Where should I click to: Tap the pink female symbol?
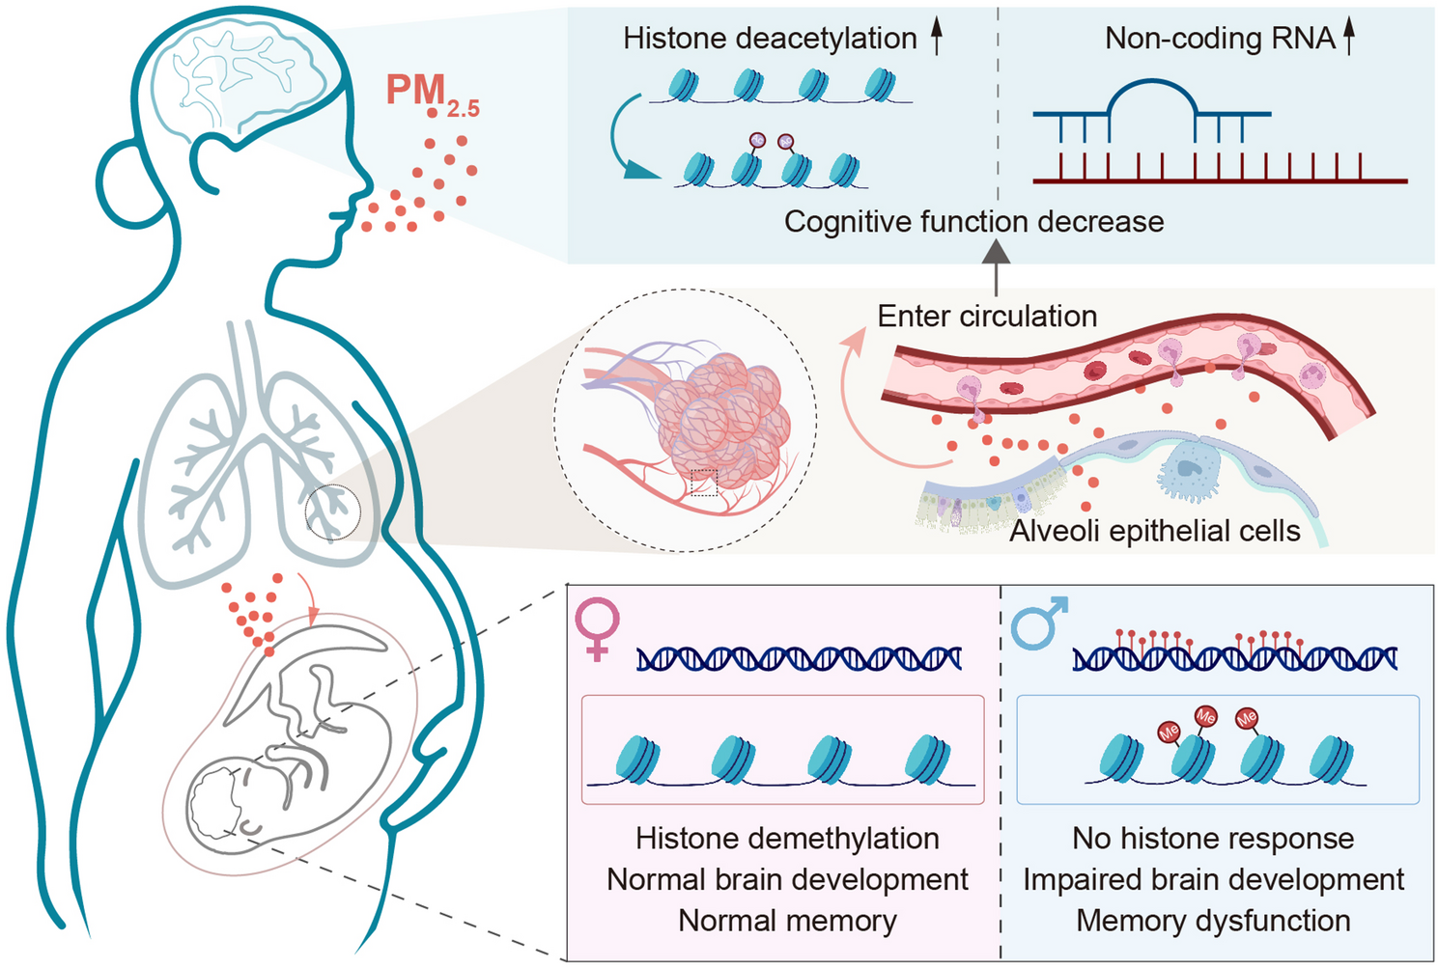(597, 626)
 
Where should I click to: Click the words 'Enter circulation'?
(987, 317)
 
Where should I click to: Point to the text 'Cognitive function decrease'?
(973, 222)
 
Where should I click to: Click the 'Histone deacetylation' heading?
(770, 39)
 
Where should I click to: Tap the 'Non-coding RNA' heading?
(1220, 39)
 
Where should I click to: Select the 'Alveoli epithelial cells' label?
(1154, 531)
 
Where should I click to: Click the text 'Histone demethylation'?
(787, 838)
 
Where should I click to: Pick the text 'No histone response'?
(1213, 838)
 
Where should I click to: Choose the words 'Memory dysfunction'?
(1213, 921)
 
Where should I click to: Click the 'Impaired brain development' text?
(1213, 879)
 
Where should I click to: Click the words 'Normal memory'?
(787, 921)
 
